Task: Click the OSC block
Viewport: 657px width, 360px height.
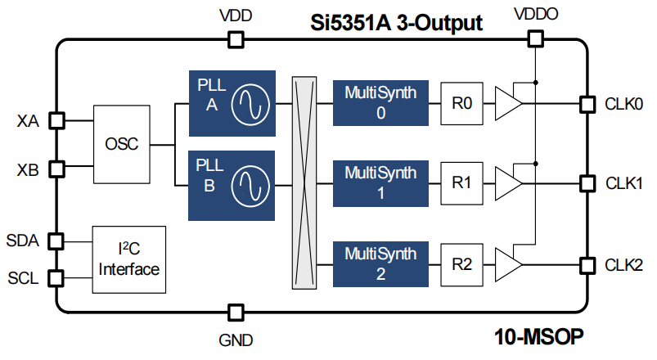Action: coord(121,145)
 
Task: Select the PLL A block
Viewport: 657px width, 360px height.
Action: coord(228,102)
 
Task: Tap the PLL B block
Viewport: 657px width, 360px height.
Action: coord(228,185)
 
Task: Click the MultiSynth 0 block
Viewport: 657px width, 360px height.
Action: coord(380,102)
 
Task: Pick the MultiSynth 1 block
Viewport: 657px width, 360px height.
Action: coord(380,182)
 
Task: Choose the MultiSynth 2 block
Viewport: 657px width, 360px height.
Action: coord(380,263)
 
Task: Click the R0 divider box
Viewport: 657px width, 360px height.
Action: coord(462,103)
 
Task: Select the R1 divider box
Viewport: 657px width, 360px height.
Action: coord(462,183)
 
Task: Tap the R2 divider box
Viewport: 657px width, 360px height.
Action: coord(462,264)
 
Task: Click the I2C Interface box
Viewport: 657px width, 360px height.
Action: coord(129,259)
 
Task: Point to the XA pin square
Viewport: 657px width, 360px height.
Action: coord(56,120)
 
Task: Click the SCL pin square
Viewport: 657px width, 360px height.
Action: coord(56,277)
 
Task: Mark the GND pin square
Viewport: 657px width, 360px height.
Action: coord(236,312)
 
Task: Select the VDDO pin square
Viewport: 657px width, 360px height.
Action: coord(534,38)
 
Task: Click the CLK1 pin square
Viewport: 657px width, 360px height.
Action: coord(586,182)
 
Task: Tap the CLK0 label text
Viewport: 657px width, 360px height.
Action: coord(623,104)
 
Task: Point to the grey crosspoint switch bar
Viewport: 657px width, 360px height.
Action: coord(304,182)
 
